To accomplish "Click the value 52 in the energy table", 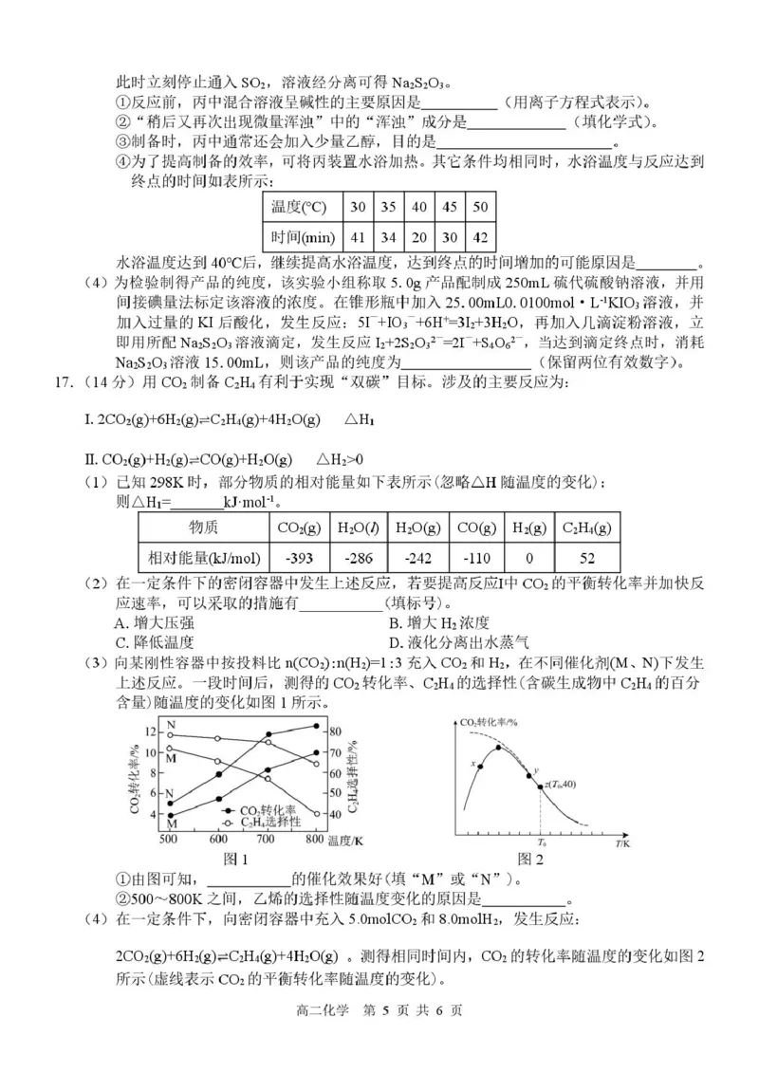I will (586, 557).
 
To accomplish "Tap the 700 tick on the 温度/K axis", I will (266, 841).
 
